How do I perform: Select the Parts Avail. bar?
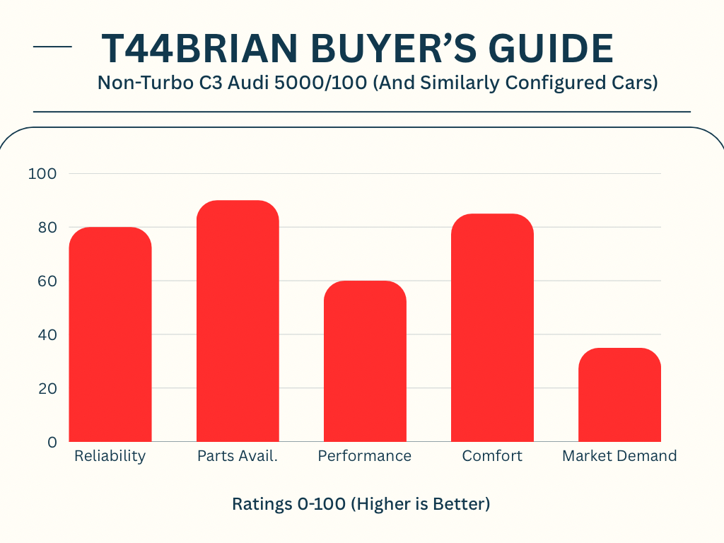[238, 321]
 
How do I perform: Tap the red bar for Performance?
[365, 361]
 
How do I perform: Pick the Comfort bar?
[492, 328]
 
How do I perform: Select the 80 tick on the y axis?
[47, 228]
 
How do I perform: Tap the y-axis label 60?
[47, 281]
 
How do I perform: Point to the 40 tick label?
[47, 334]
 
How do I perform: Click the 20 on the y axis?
[47, 388]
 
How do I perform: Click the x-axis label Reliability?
[110, 456]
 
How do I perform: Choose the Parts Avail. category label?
[238, 456]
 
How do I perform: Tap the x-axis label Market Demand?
[619, 456]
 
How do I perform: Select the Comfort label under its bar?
[492, 456]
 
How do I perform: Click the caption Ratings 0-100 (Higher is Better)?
[361, 505]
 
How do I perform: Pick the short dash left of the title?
[52, 47]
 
